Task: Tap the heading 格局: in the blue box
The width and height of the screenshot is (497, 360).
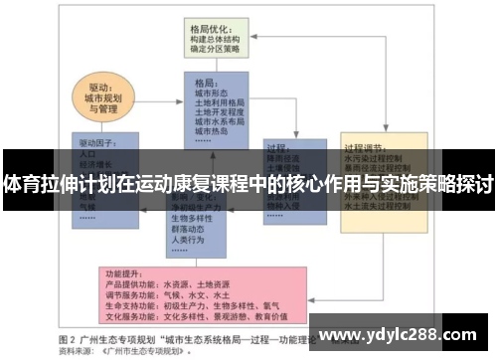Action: (206, 82)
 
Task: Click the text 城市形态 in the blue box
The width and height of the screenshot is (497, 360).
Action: (215, 92)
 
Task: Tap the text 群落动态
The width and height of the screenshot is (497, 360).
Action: (190, 228)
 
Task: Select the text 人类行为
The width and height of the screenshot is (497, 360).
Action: (190, 240)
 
